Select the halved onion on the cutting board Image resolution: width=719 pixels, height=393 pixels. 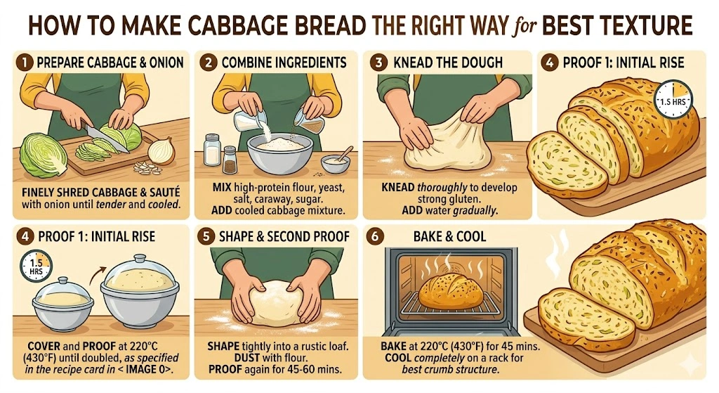(x=161, y=150)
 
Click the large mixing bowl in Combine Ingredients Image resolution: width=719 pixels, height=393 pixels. (x=279, y=154)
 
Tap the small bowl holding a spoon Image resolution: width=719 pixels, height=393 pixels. (x=336, y=162)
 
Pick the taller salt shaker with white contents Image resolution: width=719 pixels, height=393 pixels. (x=211, y=150)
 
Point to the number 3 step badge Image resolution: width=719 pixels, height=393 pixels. (x=379, y=62)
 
